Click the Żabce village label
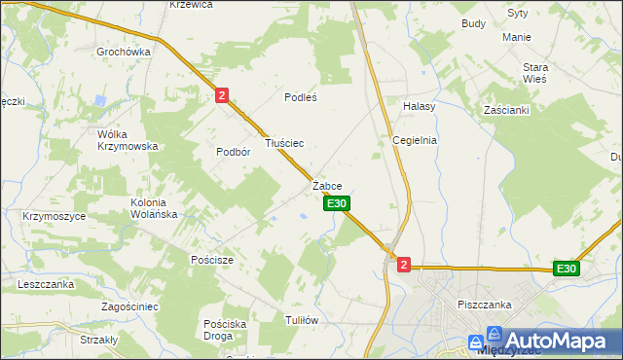pyautogui.click(x=327, y=185)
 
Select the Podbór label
pyautogui.click(x=234, y=152)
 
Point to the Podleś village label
pyautogui.click(x=301, y=97)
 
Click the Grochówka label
pyautogui.click(x=123, y=51)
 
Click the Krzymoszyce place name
pyautogui.click(x=54, y=216)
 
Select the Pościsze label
pyautogui.click(x=211, y=260)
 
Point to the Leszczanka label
pyautogui.click(x=46, y=284)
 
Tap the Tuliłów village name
pyautogui.click(x=303, y=320)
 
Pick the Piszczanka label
pyautogui.click(x=484, y=305)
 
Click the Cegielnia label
pyautogui.click(x=415, y=140)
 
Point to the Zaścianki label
pyautogui.click(x=506, y=110)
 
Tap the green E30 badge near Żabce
pyautogui.click(x=336, y=203)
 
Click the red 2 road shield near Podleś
pyautogui.click(x=223, y=94)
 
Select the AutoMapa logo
pyautogui.click(x=544, y=342)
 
